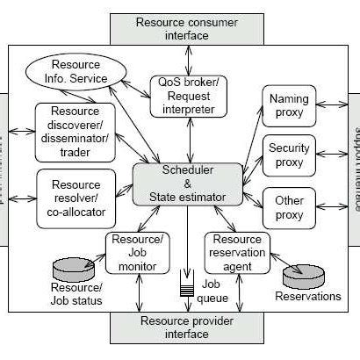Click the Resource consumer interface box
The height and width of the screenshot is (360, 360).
(x=174, y=27)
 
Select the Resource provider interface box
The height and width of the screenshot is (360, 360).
(x=174, y=327)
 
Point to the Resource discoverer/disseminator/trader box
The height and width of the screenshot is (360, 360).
(x=76, y=131)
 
